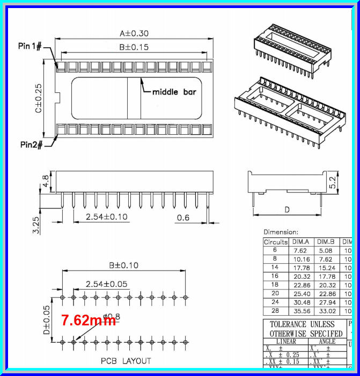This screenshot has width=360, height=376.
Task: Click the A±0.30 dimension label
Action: coord(134,33)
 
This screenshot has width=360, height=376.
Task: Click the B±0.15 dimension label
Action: coord(134,47)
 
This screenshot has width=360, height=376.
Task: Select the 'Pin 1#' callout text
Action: coord(31,47)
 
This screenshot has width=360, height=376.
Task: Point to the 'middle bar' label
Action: coord(174,92)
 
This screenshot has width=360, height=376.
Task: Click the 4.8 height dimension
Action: coord(46,181)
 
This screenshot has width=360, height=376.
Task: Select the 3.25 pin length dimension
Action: coord(36,225)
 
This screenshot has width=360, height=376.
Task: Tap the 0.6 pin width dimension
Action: coord(183,217)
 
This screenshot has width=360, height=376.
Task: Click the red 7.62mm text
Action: coord(88,321)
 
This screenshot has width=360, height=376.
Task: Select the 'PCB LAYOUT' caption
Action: coord(126,361)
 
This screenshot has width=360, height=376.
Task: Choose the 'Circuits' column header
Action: coord(276,242)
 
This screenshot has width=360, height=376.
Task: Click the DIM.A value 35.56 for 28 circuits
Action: coord(300,310)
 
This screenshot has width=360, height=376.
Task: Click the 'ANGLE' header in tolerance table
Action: coord(327,341)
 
